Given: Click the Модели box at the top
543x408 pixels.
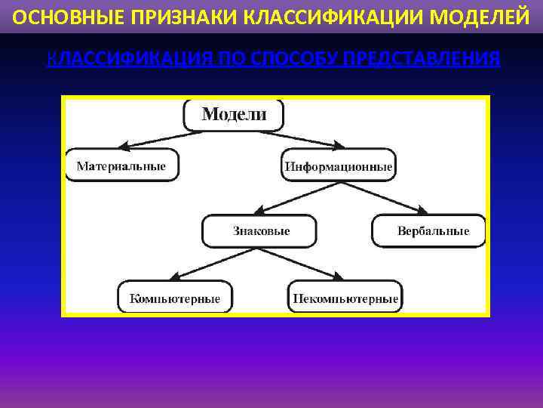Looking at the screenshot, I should [234, 115].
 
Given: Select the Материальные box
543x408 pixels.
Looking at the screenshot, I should [122, 166].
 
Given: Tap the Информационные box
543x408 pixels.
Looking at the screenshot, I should [339, 166].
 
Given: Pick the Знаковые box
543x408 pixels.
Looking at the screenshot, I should [260, 230].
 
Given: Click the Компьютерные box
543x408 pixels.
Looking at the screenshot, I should [175, 298].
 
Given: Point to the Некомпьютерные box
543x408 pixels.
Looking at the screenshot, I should [345, 298].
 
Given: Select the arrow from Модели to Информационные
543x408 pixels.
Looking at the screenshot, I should [305, 139].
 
